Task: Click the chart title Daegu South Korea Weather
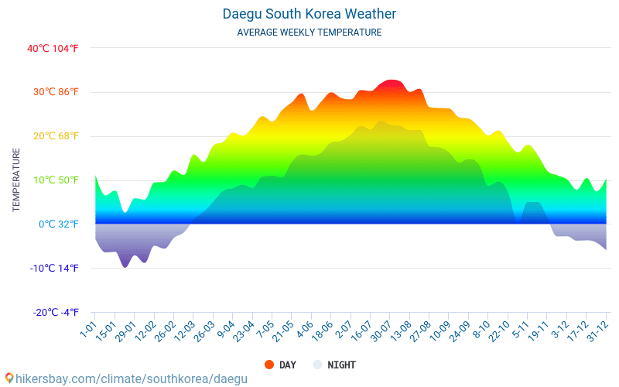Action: pyautogui.click(x=309, y=14)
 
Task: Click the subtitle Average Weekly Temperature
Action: pyautogui.click(x=309, y=33)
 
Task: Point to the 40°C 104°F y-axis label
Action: pyautogui.click(x=53, y=48)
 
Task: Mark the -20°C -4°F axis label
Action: pyautogui.click(x=54, y=313)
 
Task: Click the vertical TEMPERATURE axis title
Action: pyautogui.click(x=16, y=180)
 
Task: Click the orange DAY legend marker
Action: pyautogui.click(x=269, y=365)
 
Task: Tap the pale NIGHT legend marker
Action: pyautogui.click(x=318, y=365)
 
